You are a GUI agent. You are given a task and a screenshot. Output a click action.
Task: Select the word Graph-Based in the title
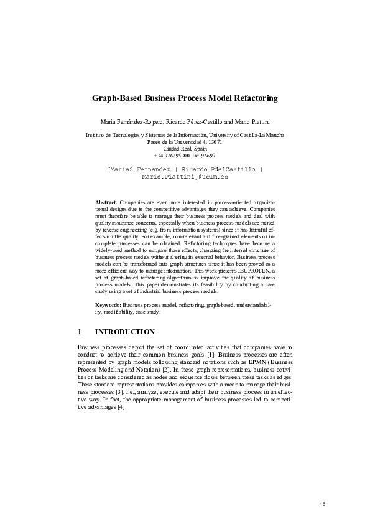coord(116,98)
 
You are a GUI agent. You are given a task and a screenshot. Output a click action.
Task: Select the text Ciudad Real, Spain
coord(185,149)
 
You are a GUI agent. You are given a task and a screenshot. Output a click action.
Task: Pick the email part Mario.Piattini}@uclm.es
coord(185,177)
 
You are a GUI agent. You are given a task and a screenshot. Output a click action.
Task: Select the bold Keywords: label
coord(108,305)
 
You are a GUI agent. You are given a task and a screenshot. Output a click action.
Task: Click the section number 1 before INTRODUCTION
coord(80,332)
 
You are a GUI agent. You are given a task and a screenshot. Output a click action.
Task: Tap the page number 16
coord(322,503)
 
